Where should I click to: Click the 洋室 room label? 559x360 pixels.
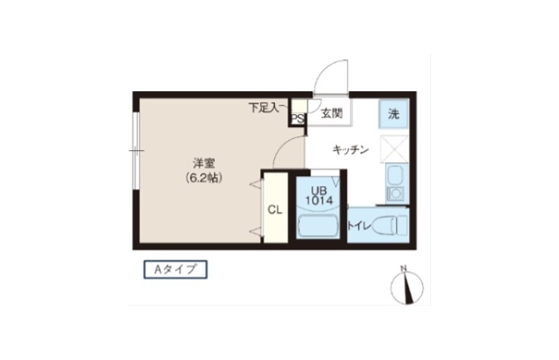[x=204, y=164]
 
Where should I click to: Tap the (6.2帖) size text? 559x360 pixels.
[x=204, y=178]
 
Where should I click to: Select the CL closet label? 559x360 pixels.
[x=275, y=210]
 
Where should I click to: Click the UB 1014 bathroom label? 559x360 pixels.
[x=319, y=195]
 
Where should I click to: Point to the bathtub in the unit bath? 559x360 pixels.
[x=318, y=225]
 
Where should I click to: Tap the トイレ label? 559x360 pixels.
[x=359, y=226]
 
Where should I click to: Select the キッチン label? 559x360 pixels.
[x=351, y=149]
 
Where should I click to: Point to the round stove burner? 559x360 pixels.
[x=395, y=193]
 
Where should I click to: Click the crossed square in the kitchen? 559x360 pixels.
[x=394, y=149]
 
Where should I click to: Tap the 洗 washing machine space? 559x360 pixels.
[x=394, y=113]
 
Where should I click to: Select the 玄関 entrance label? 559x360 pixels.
[x=332, y=113]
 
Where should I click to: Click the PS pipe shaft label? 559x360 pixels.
[x=298, y=119]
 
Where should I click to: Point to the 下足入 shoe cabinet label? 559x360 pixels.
[x=264, y=108]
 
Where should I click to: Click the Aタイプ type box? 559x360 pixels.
[x=175, y=270]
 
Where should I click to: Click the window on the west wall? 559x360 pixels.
[x=136, y=150]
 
